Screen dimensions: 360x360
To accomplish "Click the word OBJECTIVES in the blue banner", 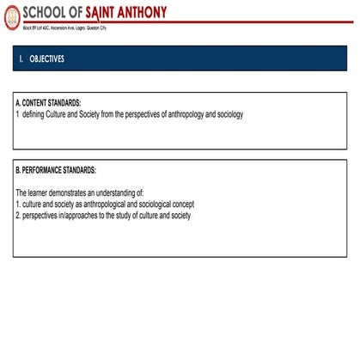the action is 46,59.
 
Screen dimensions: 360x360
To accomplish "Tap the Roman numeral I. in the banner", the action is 21,59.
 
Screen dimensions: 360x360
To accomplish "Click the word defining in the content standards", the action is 35,113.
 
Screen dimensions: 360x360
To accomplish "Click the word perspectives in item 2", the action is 40,215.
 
